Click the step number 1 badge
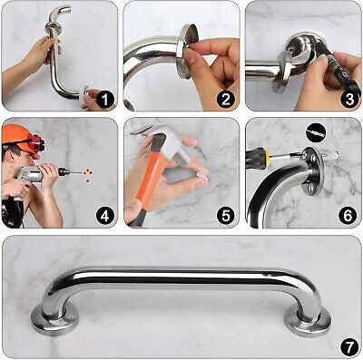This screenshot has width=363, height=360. [104, 99]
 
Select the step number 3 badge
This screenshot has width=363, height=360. [347, 99]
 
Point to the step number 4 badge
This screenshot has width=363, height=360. [104, 217]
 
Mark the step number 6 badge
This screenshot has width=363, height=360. [347, 217]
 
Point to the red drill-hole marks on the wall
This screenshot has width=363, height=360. [84, 173]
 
